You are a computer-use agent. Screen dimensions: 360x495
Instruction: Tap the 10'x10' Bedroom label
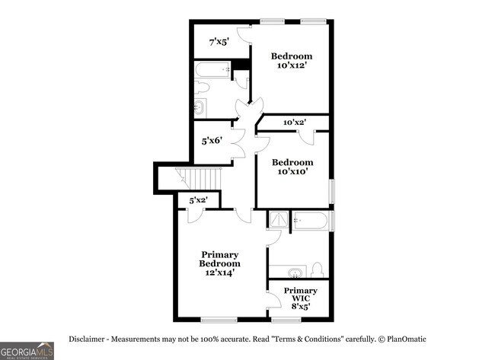292,167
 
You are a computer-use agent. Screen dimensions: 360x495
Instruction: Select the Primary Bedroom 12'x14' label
220,263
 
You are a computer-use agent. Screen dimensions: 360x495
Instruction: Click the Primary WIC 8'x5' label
300,298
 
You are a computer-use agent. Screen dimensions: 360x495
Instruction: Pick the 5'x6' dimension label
211,141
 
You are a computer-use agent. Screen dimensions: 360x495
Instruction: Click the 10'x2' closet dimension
294,123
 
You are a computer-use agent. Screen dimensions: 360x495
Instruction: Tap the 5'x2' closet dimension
199,200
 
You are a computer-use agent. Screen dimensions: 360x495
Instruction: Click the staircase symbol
203,180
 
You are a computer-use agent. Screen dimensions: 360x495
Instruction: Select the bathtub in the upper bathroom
212,70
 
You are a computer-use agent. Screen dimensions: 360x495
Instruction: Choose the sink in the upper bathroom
200,107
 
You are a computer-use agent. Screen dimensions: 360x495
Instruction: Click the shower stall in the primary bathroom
277,219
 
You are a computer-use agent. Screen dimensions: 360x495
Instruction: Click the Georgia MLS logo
27,350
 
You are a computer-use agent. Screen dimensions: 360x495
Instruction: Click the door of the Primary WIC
271,298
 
